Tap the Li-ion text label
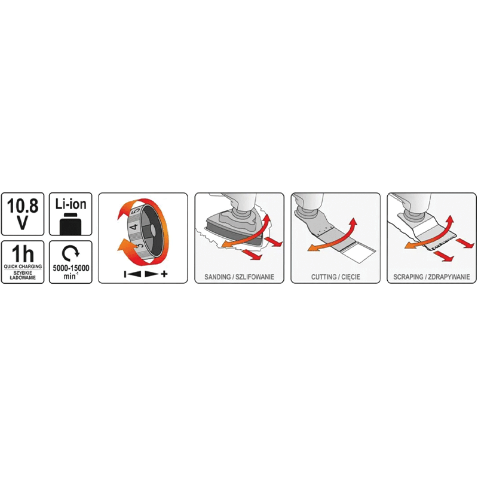(71, 204)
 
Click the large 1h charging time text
(23, 254)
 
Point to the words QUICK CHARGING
(23, 266)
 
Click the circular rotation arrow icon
(71, 252)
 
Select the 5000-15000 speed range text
(71, 268)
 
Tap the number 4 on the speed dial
(134, 226)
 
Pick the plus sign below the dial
(165, 274)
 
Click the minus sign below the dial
(125, 274)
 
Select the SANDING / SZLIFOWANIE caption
(240, 277)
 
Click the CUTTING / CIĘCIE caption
(336, 277)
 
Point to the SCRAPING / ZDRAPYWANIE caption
(431, 277)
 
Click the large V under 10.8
(23, 222)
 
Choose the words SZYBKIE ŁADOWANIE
(23, 275)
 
